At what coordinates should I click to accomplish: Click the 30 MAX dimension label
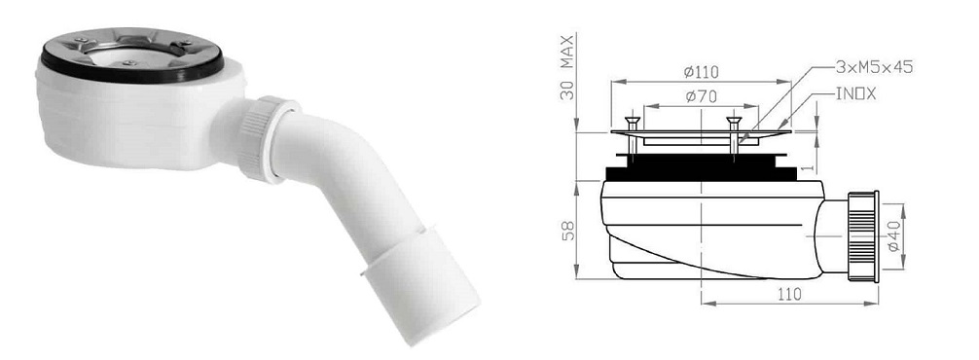coord(567,67)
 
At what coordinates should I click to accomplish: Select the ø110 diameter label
coord(701,72)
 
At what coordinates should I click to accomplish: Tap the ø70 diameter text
coord(700,96)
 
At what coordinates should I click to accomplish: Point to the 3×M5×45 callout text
coord(874,67)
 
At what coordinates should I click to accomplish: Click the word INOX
coord(856,94)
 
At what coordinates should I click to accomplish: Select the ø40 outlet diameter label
coord(893,236)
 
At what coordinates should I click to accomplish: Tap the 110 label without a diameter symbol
coord(789,295)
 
